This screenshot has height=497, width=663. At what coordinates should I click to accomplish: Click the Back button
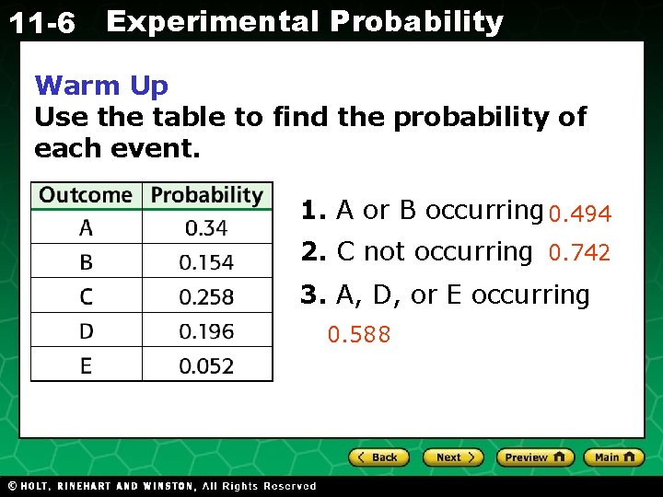point(378,457)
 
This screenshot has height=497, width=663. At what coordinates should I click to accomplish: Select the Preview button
point(535,457)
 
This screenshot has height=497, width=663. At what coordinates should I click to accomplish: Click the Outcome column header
point(86,195)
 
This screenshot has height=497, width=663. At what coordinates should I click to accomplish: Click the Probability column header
point(207,195)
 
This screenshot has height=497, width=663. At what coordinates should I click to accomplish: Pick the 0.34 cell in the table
point(206,227)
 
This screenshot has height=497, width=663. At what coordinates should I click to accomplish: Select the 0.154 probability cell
point(206,262)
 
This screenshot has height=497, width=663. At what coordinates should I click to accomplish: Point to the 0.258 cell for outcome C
point(206,296)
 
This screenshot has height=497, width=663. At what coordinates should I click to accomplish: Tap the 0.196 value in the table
point(206,330)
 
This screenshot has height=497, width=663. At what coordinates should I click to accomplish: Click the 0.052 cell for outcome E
point(206,365)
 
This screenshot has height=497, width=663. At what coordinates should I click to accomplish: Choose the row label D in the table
point(86,330)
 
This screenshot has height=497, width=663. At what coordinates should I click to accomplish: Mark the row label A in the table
point(86,227)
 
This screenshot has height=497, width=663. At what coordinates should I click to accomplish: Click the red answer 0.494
point(579,214)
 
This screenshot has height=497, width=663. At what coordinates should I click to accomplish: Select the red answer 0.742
point(579,253)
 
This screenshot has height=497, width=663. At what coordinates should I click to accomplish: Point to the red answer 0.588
point(359,335)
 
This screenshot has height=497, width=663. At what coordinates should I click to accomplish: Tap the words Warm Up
point(101,86)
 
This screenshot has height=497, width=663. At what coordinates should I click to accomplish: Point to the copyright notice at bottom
point(161,486)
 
